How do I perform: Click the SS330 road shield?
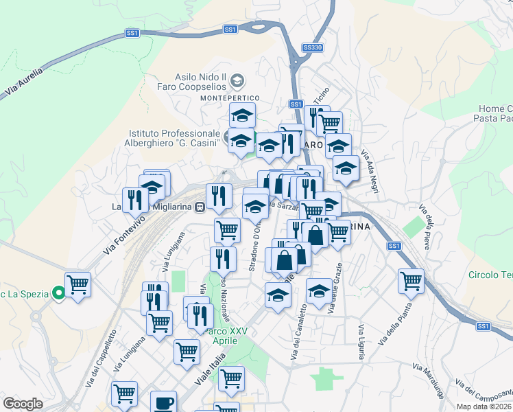point(312,47)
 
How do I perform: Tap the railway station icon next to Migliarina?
point(200,206)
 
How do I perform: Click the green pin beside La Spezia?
point(59,294)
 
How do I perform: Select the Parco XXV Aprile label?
point(228,336)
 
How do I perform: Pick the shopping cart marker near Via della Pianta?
point(411,280)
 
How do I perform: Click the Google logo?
point(23,404)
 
